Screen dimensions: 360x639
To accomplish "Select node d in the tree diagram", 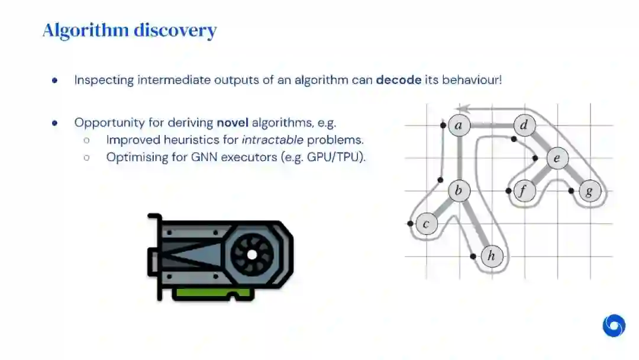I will click(x=524, y=125).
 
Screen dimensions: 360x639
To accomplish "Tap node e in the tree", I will click(x=557, y=158).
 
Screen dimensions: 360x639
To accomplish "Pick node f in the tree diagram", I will click(x=524, y=191).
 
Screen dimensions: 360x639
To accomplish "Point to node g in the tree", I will click(x=589, y=191).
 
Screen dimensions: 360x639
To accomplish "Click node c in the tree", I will click(x=426, y=224).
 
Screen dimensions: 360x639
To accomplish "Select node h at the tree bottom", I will click(x=491, y=256).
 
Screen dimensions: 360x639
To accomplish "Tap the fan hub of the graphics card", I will click(x=251, y=255).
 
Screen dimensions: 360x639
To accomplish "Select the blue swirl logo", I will click(x=614, y=326).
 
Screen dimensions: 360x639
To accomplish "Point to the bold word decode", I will click(x=399, y=79).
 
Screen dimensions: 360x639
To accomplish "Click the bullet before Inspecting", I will click(x=55, y=80).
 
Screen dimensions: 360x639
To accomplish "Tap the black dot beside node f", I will click(x=509, y=191).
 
